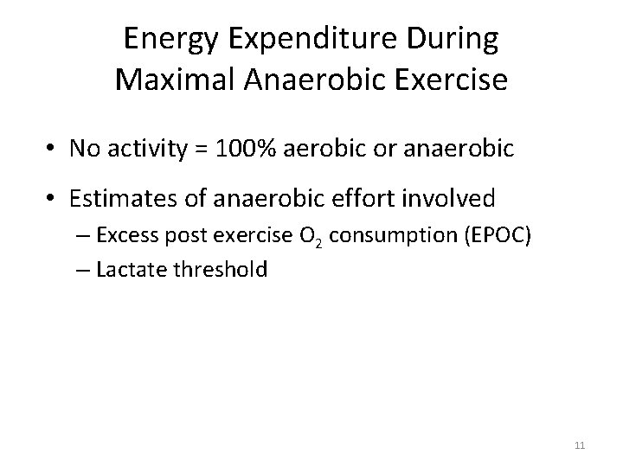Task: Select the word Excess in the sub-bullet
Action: coord(124,236)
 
